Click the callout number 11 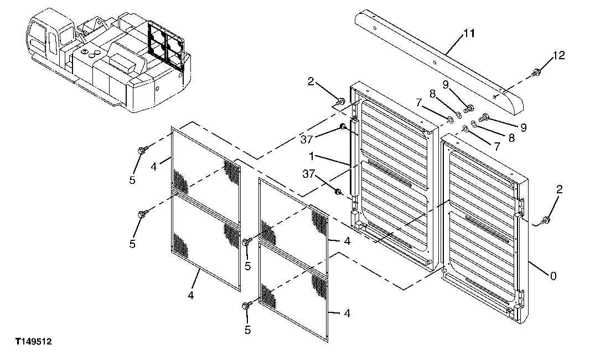click(x=469, y=34)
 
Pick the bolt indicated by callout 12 click(x=535, y=73)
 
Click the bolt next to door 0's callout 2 click(x=546, y=220)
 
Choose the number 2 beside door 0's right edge click(x=559, y=189)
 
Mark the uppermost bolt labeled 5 click(x=143, y=150)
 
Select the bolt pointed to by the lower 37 click(x=338, y=192)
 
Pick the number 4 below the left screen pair click(x=190, y=295)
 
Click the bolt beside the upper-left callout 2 click(x=340, y=101)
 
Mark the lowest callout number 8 click(x=511, y=138)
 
